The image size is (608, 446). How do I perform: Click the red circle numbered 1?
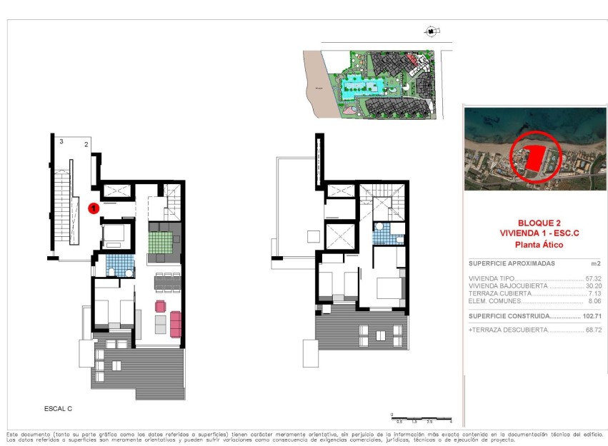pos(93,208)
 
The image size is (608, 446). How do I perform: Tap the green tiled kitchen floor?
pos(165,242)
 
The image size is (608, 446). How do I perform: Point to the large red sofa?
pos(175,324)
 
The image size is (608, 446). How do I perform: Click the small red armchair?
pos(160,306)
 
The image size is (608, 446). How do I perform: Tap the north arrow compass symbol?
pos(431,31)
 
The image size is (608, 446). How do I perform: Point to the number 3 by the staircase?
pos(61,143)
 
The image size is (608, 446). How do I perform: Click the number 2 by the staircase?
pos(86,145)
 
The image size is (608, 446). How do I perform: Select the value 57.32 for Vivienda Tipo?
pos(592,279)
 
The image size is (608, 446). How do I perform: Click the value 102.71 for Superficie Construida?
pos(590,315)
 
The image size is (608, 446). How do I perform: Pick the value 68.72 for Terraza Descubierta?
pos(592,330)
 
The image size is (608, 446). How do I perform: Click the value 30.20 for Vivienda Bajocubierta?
pos(592,286)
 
